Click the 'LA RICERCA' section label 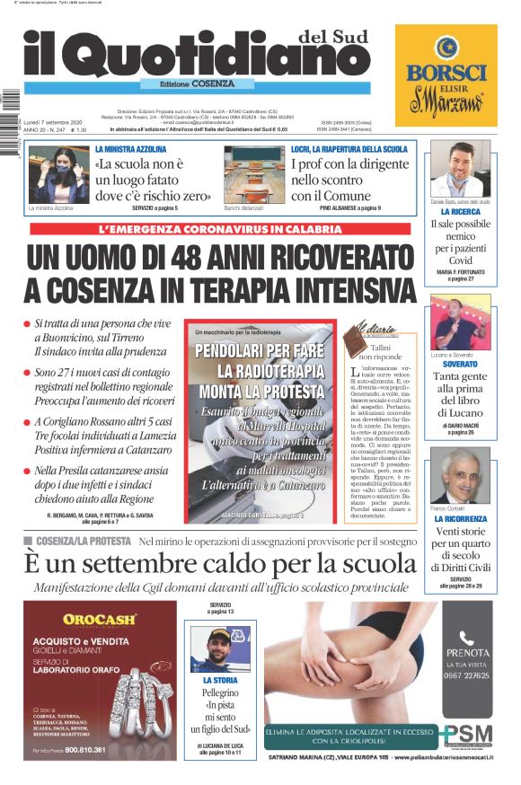pos(459,213)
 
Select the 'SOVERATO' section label pos(459,365)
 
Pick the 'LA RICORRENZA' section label pos(459,519)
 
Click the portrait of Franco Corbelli pos(459,476)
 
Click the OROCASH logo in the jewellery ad pos(100,619)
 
